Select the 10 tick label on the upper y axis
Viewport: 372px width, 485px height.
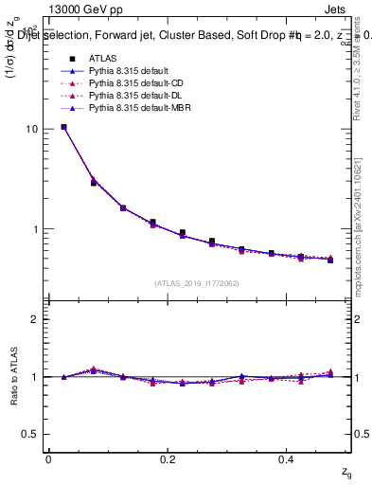coord(31,129)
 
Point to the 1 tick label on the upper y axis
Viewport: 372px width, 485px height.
coord(34,229)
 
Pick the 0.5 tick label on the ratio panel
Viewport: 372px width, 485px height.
coord(30,434)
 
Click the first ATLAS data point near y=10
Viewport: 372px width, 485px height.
coord(63,127)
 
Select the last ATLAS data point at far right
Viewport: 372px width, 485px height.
coord(330,260)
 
